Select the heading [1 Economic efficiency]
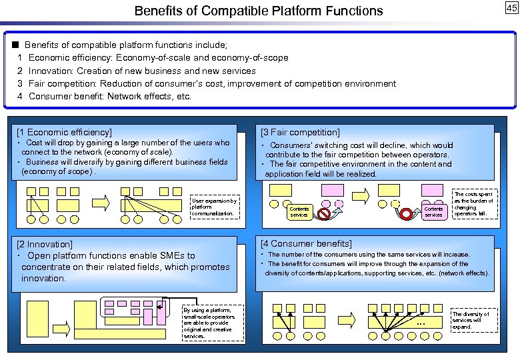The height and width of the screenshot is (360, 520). click(64, 132)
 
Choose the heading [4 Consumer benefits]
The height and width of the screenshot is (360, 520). click(307, 243)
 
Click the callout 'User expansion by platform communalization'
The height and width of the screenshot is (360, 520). click(214, 207)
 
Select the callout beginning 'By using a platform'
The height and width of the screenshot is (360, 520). click(207, 323)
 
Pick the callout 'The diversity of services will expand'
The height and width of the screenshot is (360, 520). click(471, 321)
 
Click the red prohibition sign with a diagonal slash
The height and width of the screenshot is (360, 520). click(324, 214)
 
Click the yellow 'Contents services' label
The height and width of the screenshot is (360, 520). click(299, 212)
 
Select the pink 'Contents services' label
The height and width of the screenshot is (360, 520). click(433, 212)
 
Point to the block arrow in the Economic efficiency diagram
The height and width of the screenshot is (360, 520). click(100, 200)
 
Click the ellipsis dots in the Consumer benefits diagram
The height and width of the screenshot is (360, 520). click(420, 325)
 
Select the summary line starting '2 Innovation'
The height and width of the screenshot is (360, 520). click(137, 71)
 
